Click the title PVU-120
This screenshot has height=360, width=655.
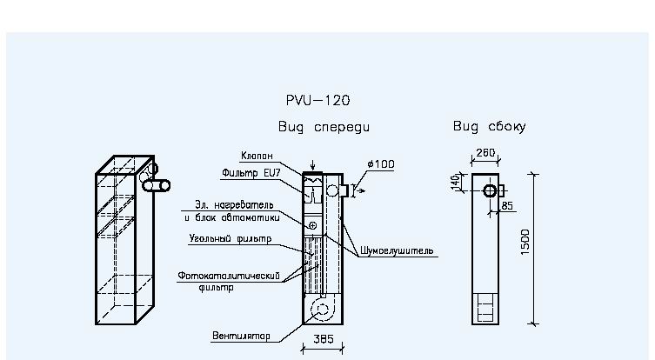click(x=317, y=100)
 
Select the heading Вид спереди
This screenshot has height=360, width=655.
click(x=324, y=127)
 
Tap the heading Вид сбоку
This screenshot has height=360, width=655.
click(x=489, y=126)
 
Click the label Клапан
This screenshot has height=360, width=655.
click(x=257, y=156)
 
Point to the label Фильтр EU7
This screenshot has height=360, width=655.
click(x=251, y=173)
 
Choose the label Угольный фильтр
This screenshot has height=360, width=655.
click(x=231, y=238)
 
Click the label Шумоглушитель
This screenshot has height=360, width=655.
click(x=397, y=251)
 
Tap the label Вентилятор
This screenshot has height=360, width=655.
click(x=241, y=336)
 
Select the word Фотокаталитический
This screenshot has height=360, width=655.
click(x=229, y=276)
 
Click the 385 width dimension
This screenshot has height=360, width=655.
click(x=324, y=339)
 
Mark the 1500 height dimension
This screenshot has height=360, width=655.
click(x=525, y=242)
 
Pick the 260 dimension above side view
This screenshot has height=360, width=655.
click(x=485, y=152)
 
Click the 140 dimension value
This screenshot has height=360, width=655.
click(x=456, y=183)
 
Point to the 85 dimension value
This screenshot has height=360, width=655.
click(x=507, y=206)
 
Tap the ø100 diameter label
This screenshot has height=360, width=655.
click(x=380, y=164)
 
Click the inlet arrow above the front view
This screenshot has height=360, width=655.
click(x=312, y=165)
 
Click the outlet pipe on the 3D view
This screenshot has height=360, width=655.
click(x=157, y=185)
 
